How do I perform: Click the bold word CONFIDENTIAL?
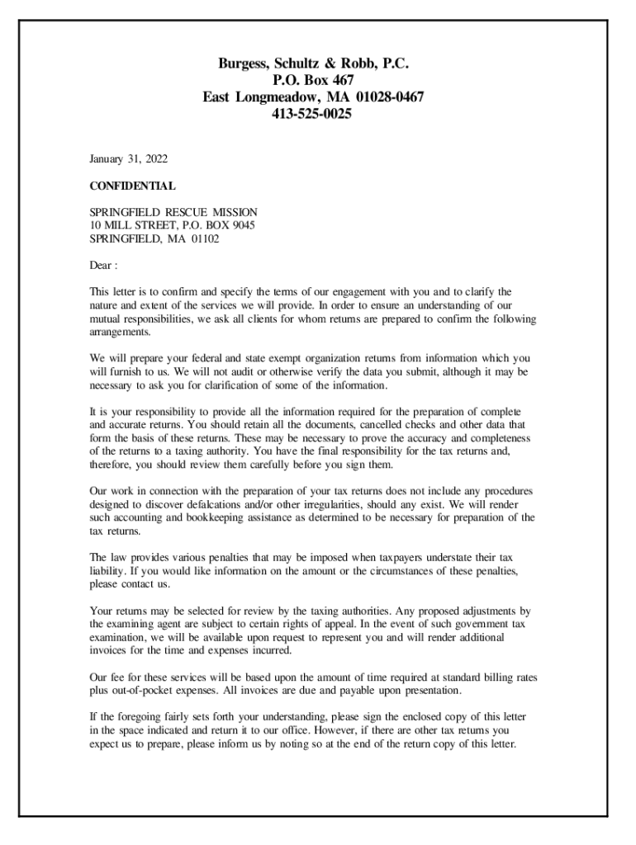[132, 186]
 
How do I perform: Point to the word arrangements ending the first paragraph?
[120, 331]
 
